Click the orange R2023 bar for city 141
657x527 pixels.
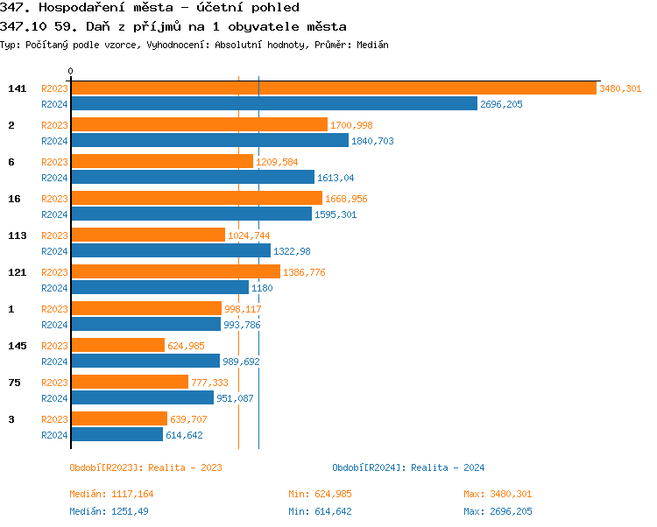click(333, 88)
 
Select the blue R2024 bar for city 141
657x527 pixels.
click(273, 104)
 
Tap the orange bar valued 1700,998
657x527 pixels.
click(199, 125)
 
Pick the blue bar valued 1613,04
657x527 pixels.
click(192, 178)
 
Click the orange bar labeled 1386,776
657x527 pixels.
click(175, 272)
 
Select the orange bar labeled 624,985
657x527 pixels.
click(117, 346)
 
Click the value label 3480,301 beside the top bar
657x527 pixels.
click(620, 88)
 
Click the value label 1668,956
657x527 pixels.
click(346, 199)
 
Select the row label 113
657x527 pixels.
click(17, 235)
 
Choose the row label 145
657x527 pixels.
click(17, 346)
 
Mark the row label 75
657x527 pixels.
click(14, 383)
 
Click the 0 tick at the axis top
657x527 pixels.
click(71, 72)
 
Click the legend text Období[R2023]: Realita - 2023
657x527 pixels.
click(145, 467)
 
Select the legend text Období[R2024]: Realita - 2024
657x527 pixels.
click(408, 467)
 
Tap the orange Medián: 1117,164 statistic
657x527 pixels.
click(111, 494)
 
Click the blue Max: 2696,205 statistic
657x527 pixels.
click(498, 511)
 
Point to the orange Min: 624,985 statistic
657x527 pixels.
click(320, 494)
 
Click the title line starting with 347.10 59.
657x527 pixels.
click(173, 26)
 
